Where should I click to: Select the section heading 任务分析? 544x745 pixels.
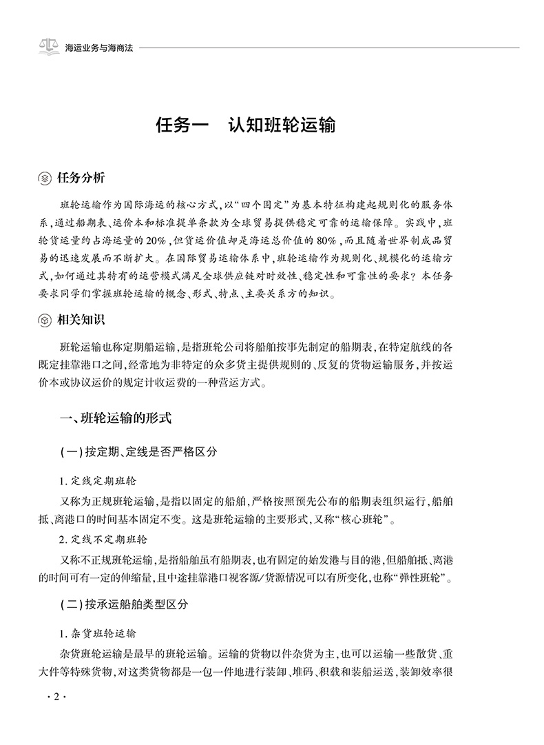[x=81, y=178]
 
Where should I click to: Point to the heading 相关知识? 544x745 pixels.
[x=81, y=320]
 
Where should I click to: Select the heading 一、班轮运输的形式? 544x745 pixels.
[x=111, y=418]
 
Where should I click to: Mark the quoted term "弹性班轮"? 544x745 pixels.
[x=421, y=571]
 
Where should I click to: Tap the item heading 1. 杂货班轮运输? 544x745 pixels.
[x=103, y=633]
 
